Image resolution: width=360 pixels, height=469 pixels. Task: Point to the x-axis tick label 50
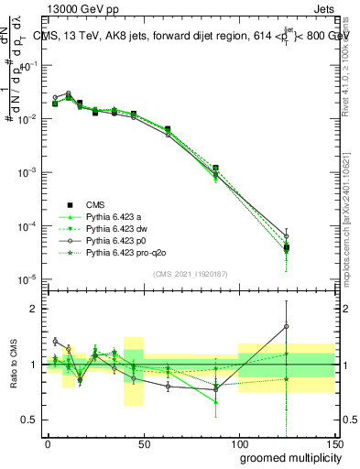144,444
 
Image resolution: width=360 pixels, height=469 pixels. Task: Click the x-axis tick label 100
239,444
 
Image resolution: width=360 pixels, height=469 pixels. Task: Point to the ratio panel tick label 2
35,309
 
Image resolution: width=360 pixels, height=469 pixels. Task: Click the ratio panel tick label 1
35,365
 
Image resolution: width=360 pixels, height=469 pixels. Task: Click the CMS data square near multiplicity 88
215,169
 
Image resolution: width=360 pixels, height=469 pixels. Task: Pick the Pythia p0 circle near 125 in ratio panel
287,326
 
